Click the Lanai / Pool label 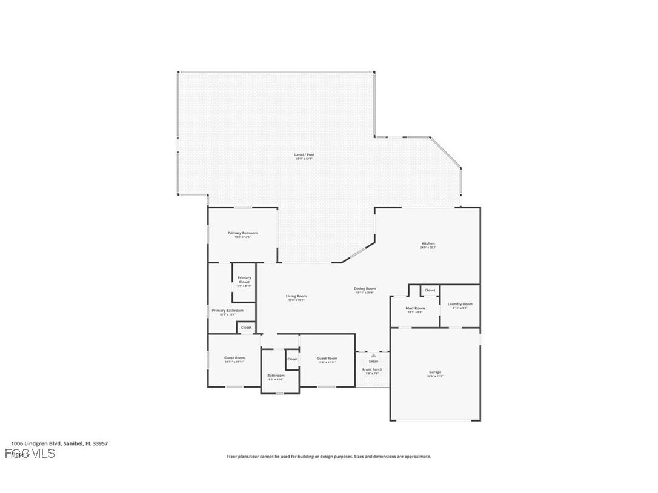click(304, 155)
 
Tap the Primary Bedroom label click(242, 233)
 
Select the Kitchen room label click(428, 244)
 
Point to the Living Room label click(296, 296)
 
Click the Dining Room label click(365, 289)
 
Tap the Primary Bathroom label click(227, 311)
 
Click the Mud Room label click(415, 308)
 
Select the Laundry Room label click(460, 304)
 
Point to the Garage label click(435, 372)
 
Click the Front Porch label click(372, 369)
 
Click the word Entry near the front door click(373, 362)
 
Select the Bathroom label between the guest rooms click(276, 376)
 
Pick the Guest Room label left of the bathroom click(234, 358)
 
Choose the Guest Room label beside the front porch click(327, 359)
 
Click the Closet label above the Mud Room click(430, 290)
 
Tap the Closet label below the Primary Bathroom click(246, 328)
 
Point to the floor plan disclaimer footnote click(329, 457)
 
